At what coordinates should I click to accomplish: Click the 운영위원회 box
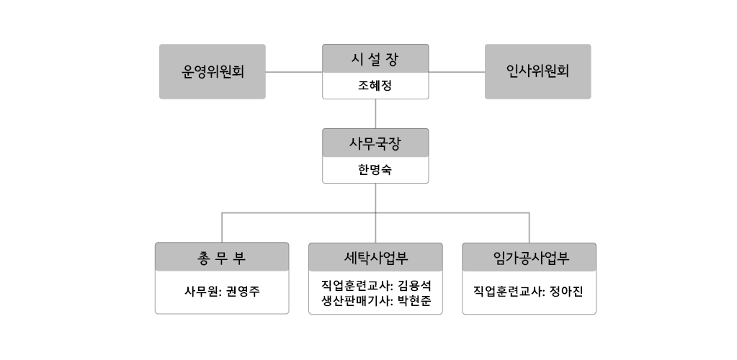(213, 71)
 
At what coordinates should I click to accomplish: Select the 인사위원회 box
(537, 71)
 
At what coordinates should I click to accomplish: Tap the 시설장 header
(375, 59)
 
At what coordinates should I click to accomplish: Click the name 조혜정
(375, 86)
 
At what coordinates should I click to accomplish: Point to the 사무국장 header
(375, 143)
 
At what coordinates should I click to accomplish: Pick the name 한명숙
(375, 170)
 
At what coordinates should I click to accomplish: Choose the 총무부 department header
(222, 257)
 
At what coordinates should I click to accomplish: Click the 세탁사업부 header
(375, 258)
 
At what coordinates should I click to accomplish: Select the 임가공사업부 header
(530, 258)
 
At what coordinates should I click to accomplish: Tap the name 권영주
(243, 292)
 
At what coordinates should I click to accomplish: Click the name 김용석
(414, 285)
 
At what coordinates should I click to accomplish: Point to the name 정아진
(566, 292)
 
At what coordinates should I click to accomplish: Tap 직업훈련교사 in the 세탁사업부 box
(356, 285)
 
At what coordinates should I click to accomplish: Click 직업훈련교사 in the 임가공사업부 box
(508, 292)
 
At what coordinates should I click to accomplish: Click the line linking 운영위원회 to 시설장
(294, 72)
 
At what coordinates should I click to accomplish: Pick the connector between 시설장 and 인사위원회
(457, 72)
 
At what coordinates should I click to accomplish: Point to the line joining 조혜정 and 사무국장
(375, 114)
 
